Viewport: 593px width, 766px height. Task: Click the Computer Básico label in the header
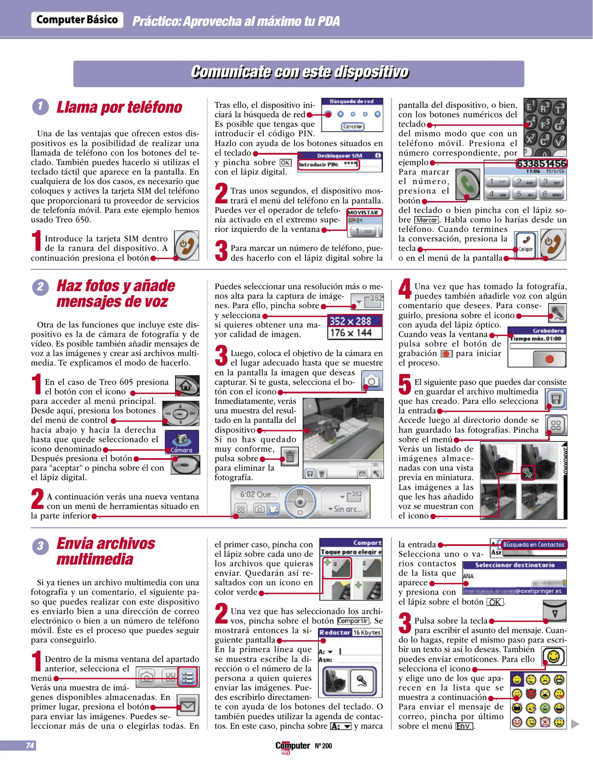pos(77,20)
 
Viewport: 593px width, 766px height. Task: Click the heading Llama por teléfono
pos(119,107)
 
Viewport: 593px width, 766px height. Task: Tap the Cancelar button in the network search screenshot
pos(352,126)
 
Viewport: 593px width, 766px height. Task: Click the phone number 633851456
pos(541,163)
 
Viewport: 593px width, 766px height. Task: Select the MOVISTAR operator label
pos(364,212)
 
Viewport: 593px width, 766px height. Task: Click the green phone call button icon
pos(468,184)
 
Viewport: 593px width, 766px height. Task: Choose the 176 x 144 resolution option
pos(351,333)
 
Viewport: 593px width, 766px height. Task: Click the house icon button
pos(187,385)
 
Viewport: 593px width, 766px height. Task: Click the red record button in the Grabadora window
pos(549,359)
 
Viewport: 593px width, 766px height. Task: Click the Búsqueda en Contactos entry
pos(533,544)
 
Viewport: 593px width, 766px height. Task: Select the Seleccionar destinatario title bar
pos(514,565)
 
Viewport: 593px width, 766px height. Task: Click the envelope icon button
pos(188,706)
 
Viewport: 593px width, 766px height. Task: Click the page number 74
pos(30,745)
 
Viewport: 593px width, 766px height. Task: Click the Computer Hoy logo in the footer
pos(292,746)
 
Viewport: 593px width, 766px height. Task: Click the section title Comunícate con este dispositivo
pos(299,72)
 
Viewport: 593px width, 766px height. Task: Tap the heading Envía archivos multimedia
pos(106,551)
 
